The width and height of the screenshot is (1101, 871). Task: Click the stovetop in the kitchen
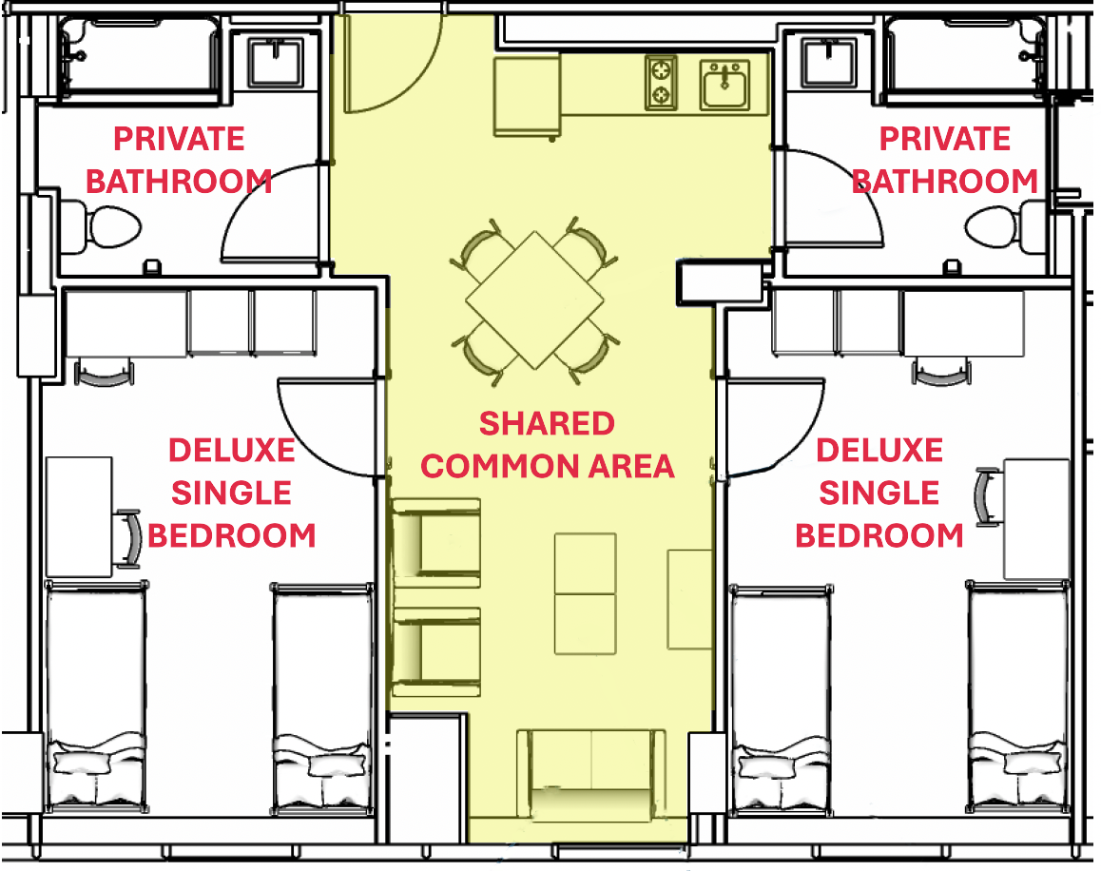tap(661, 82)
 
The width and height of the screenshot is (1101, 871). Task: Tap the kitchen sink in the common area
tap(725, 84)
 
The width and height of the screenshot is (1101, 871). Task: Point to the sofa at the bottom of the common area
tap(590, 775)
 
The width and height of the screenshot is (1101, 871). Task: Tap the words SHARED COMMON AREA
tap(548, 445)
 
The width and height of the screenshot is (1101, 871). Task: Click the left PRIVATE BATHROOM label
tap(179, 160)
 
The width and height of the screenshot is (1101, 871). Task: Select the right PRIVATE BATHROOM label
tap(944, 160)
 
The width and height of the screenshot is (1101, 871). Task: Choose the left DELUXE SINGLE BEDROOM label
tap(232, 493)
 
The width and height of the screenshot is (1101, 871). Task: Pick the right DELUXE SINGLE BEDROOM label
tap(879, 493)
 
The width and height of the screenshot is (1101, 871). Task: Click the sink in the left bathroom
tap(277, 62)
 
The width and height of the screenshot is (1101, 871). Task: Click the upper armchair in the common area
tap(435, 538)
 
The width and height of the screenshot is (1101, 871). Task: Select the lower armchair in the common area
tap(435, 647)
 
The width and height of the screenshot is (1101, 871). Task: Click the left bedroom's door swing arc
tap(328, 426)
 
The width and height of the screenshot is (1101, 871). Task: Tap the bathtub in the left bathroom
tap(140, 57)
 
